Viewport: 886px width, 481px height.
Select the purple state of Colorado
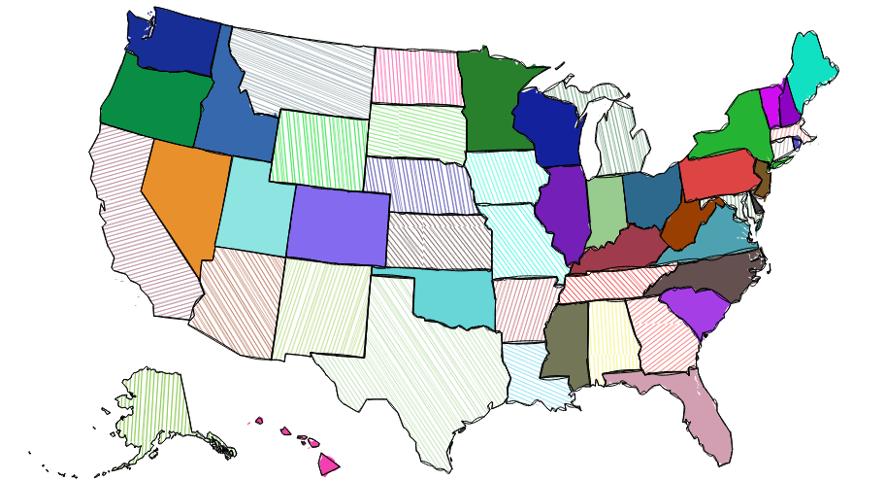[x=337, y=224]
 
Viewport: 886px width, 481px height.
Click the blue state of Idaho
[x=233, y=126]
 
